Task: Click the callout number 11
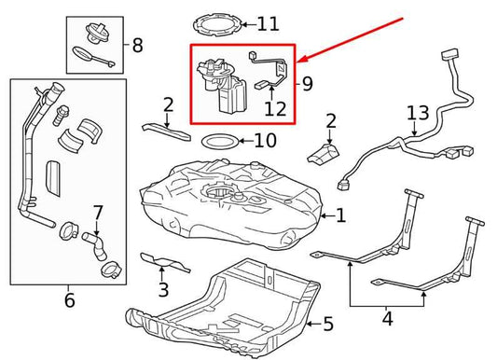click(268, 23)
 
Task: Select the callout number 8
click(138, 44)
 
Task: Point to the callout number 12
click(274, 109)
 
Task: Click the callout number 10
click(265, 142)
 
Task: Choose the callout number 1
click(340, 216)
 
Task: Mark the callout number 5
click(327, 325)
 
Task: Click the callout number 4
click(388, 318)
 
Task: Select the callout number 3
click(163, 289)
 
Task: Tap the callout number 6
click(69, 300)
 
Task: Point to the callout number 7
click(98, 213)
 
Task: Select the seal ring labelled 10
click(218, 143)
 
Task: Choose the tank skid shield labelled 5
click(233, 303)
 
